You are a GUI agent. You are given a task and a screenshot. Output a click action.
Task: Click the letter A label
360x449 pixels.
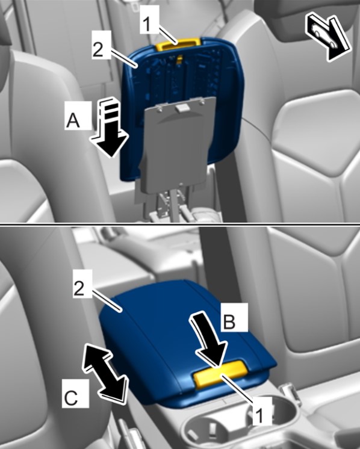[73, 120]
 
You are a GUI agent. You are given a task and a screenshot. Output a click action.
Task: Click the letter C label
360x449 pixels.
[70, 398]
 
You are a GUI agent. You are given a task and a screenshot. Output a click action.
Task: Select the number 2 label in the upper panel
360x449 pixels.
[98, 50]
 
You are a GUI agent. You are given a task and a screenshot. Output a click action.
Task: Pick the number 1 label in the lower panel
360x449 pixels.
[259, 414]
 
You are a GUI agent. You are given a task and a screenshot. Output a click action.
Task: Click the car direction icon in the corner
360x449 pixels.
[328, 38]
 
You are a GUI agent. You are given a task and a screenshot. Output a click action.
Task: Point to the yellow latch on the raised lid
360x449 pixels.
[178, 43]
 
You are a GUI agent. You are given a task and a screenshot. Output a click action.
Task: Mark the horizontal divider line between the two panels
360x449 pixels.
[180, 224]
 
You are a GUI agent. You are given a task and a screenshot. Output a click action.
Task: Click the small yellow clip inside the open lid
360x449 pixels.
[179, 60]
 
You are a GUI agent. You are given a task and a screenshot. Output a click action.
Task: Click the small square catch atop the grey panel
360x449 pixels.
[182, 108]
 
